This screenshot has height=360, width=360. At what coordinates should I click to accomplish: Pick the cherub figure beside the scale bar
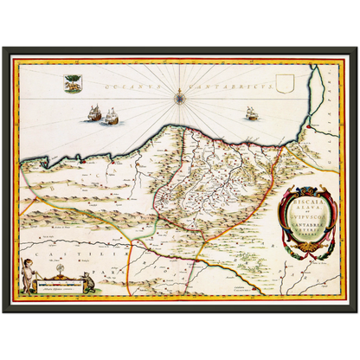[32, 280]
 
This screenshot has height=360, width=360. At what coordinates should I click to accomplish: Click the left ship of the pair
[93, 113]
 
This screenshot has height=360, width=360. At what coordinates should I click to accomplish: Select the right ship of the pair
[111, 117]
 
